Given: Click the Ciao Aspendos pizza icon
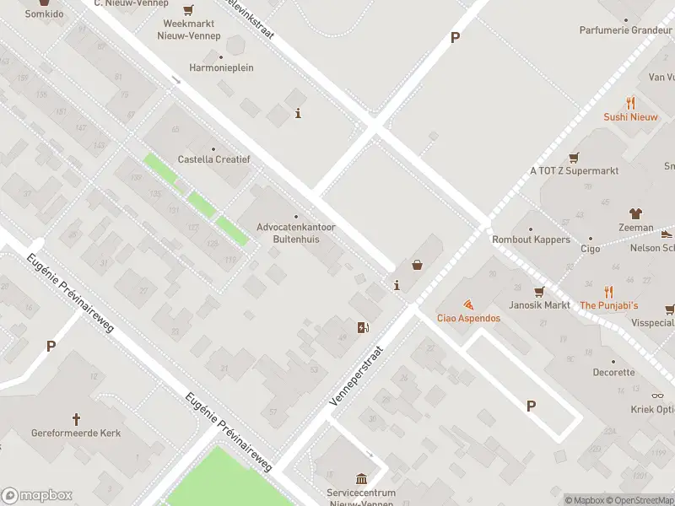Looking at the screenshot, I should point(468,304).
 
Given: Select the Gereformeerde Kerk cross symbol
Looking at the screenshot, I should point(76,418).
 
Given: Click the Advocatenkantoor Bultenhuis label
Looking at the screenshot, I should point(295,233).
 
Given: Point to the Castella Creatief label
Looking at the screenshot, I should point(213,159).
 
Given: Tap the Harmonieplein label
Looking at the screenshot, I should point(221,67).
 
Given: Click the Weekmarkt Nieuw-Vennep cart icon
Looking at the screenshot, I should point(188,10).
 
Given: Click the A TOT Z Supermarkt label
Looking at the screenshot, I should point(574,170).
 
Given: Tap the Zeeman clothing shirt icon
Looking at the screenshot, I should point(635,214).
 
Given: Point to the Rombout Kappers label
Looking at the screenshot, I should point(531,240).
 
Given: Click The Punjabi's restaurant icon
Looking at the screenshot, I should point(608,292).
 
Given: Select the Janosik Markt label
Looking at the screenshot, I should point(539,304).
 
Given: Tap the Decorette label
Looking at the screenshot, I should point(613,372).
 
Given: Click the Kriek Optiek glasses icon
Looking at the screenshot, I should point(657,396).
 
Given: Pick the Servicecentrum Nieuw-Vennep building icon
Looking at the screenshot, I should point(362,478).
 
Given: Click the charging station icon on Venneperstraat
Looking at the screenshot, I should point(364,327).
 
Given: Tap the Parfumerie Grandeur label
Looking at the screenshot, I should point(625,30).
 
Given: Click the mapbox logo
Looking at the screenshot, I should point(37,496).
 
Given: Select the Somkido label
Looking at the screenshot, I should point(43,14).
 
